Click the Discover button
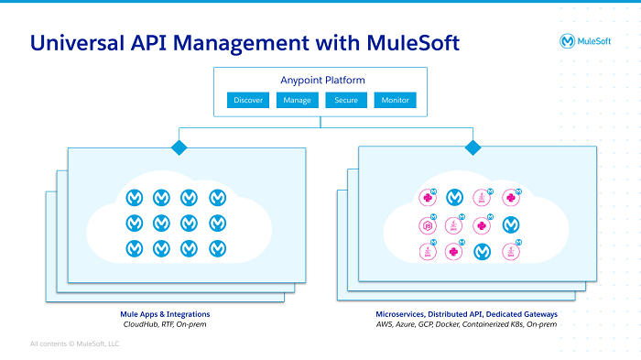[248, 100]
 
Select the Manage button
[298, 100]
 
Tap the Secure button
[346, 100]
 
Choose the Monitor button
[396, 100]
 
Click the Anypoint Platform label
[321, 80]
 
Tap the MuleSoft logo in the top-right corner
[587, 41]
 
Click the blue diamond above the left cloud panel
[179, 147]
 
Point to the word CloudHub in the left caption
[142, 324]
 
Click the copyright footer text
[74, 344]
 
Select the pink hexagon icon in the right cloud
[426, 224]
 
